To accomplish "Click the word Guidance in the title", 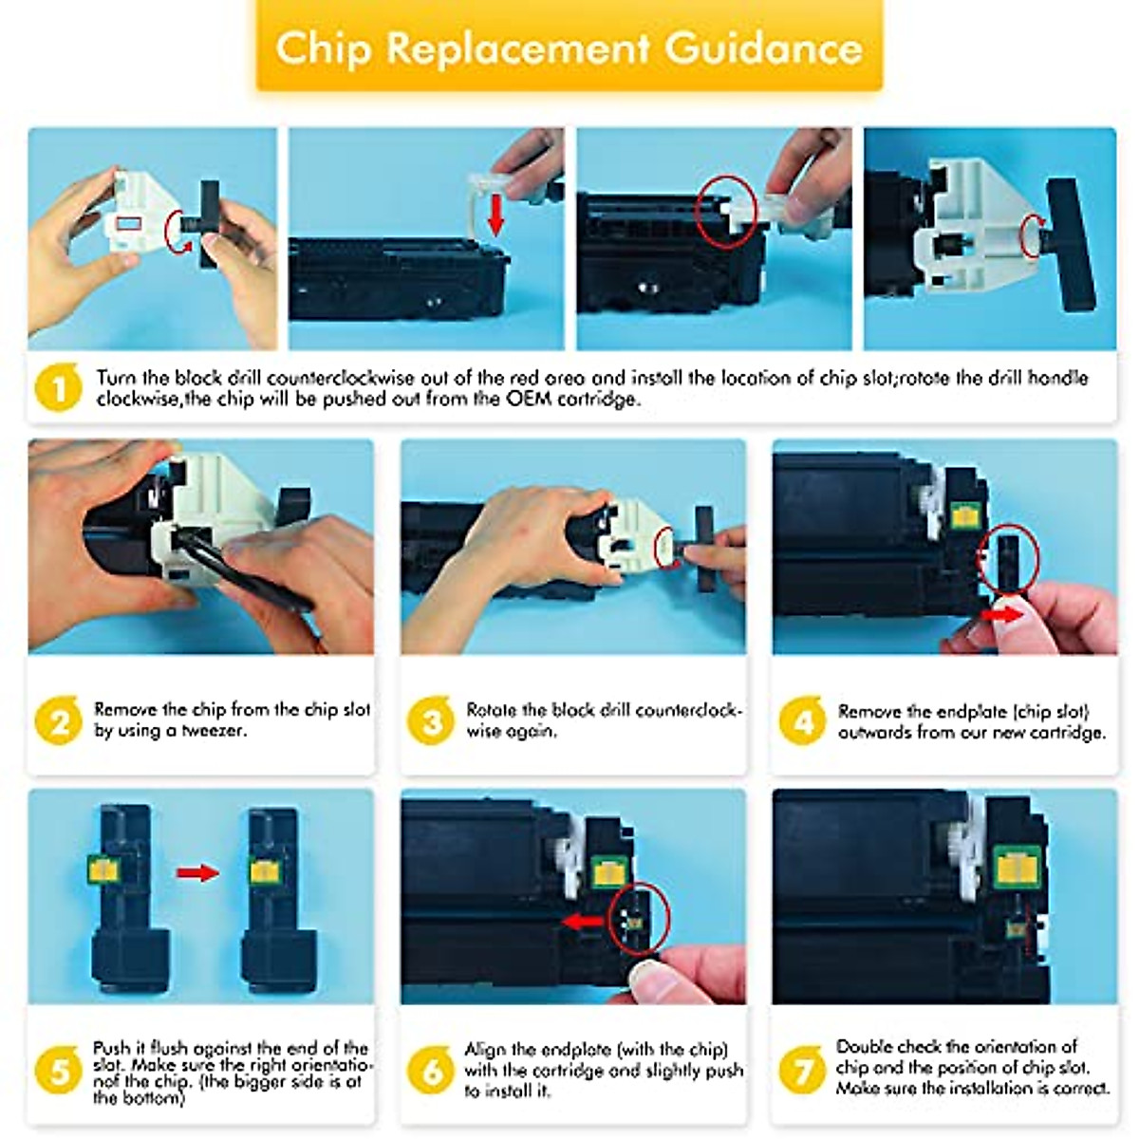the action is (x=763, y=48).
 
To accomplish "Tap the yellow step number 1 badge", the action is (x=58, y=388).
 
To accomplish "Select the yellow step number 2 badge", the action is (x=58, y=720).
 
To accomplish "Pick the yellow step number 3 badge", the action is (x=430, y=720).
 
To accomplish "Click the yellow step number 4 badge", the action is (x=802, y=720).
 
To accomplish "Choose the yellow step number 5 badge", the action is (x=58, y=1071).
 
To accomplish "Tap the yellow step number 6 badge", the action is (x=430, y=1071).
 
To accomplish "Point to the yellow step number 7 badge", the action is (x=802, y=1071).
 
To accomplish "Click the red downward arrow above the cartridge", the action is (x=496, y=215).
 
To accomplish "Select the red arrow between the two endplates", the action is (x=198, y=872).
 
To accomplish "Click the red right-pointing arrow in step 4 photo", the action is (x=1003, y=615).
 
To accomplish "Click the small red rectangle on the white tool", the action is (x=128, y=223).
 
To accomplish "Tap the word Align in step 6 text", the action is (x=484, y=1049).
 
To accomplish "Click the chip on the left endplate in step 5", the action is (x=104, y=868).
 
